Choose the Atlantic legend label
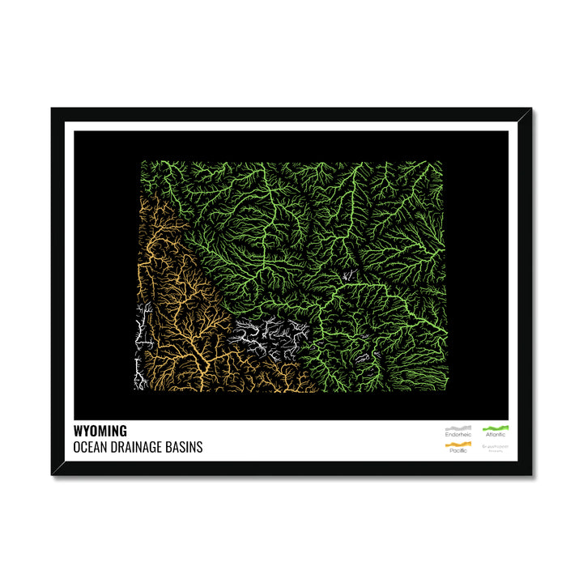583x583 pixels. coord(496,435)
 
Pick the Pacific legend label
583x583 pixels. coord(457,451)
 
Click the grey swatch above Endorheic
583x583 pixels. coord(457,428)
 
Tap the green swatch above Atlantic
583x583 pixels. coord(496,428)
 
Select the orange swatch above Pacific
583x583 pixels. coord(457,444)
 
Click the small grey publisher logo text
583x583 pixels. coord(496,447)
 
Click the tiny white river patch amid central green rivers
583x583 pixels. coord(348,276)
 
